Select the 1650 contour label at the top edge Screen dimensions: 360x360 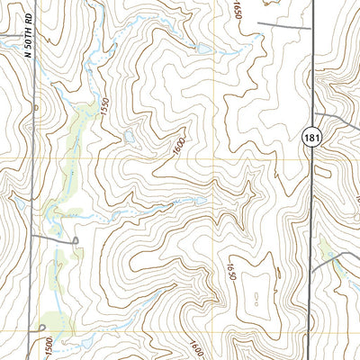pos(238,12)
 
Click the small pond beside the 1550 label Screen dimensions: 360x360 pos(131,137)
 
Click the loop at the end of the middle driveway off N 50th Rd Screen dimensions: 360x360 pos(76,239)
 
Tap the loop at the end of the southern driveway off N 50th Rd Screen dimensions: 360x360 pos(43,328)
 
